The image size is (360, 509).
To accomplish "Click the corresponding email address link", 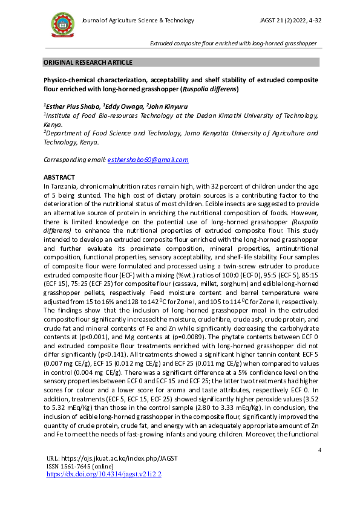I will pos(148,160).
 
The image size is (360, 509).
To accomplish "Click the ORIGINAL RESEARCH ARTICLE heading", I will pos(87,62).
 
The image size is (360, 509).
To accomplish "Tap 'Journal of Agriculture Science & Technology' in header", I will pos(138,21).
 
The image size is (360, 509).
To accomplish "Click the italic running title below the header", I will pos(234,43).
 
